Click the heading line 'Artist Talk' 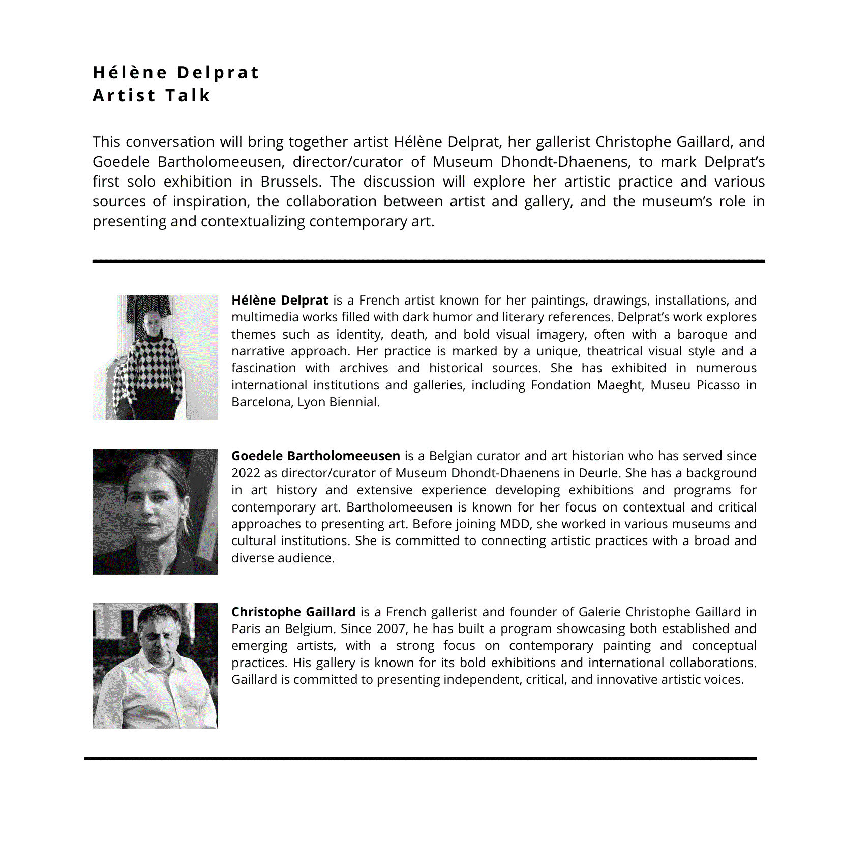tap(152, 95)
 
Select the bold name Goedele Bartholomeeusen tap(315, 456)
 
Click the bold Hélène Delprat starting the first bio tap(280, 300)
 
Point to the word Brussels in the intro tap(290, 182)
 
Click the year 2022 tap(246, 473)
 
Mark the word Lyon tap(311, 402)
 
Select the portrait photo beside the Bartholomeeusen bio tap(155, 512)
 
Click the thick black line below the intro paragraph tap(428, 261)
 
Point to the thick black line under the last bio tap(420, 758)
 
